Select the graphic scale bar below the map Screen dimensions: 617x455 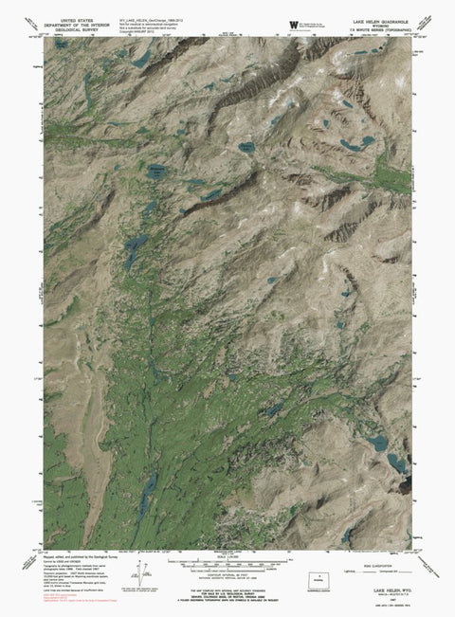pos(227,561)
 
